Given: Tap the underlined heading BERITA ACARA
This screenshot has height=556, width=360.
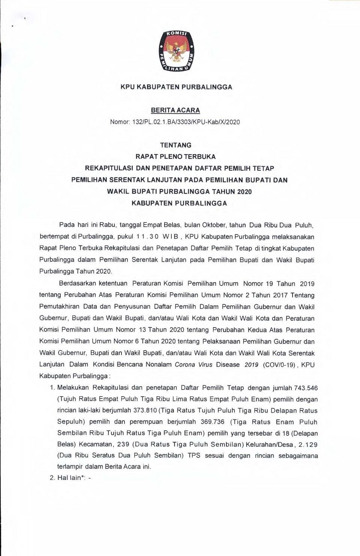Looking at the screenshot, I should click(175, 110).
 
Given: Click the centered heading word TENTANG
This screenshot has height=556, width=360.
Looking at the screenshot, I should click(175, 145).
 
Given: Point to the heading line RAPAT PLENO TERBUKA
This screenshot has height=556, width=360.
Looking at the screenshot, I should click(175, 157).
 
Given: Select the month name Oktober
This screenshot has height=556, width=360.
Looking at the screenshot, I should click(214, 225).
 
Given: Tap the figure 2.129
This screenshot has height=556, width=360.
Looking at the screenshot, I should click(308, 445).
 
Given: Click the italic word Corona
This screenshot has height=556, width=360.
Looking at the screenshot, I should click(186, 365).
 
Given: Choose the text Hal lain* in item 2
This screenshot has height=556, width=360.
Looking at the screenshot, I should click(70, 478).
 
